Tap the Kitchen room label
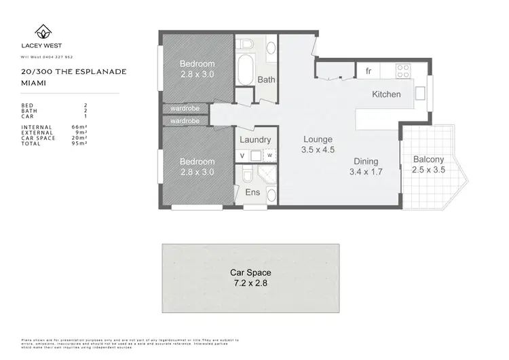386,94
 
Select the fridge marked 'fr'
369,71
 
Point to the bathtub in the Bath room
246,71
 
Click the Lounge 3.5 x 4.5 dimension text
318,150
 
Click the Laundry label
256,140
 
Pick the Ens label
252,192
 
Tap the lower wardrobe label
185,121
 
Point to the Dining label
366,162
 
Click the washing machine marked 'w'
269,156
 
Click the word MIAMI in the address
33,82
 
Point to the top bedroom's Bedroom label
197,65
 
